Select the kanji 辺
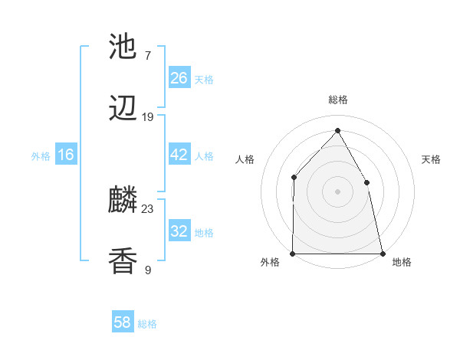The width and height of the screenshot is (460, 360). pos(123,109)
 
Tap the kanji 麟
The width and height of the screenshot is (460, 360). pos(123,201)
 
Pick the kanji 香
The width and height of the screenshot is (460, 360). pos(123,261)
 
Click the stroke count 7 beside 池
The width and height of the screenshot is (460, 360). pos(147,56)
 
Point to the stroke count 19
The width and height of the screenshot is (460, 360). pos(147,117)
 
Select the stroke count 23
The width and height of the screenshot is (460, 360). pos(148,209)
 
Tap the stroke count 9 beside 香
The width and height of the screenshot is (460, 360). pos(147,270)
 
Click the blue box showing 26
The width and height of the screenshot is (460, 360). pos(179,78)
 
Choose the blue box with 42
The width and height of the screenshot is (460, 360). pos(179,155)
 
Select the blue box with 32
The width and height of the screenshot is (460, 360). pos(179,231)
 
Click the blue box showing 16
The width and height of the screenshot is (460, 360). pos(66,155)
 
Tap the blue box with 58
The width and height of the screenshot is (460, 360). pos(123,322)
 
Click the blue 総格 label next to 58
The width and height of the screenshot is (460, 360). pos(147,324)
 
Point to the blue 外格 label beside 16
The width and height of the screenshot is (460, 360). pos(41,156)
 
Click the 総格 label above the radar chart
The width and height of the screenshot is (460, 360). pos(337,100)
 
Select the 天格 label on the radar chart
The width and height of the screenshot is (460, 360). pos(432,159)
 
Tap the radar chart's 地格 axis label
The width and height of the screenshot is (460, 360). pos(402,263)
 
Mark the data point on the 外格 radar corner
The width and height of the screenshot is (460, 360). pos(293,253)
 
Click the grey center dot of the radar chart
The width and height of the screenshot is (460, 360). pos(337,191)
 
